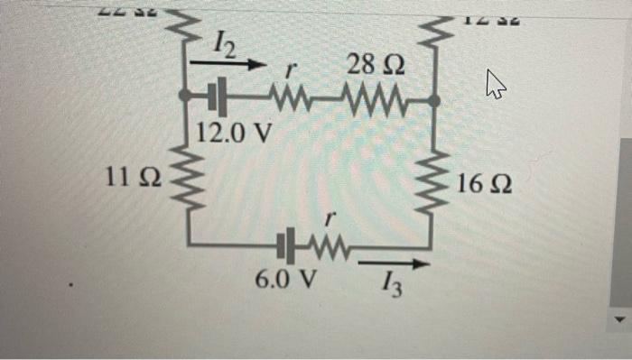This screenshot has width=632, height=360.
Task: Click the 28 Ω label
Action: pos(375,67)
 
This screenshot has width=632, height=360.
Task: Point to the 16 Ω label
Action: pos(485,187)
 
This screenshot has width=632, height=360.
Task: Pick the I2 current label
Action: pos(226,42)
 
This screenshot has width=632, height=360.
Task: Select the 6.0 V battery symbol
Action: pos(286,245)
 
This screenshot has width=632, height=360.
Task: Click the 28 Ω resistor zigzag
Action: pos(377,96)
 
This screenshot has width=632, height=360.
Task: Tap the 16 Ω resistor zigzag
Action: pos(433,188)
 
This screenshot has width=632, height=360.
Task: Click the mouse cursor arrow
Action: pos(494,86)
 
